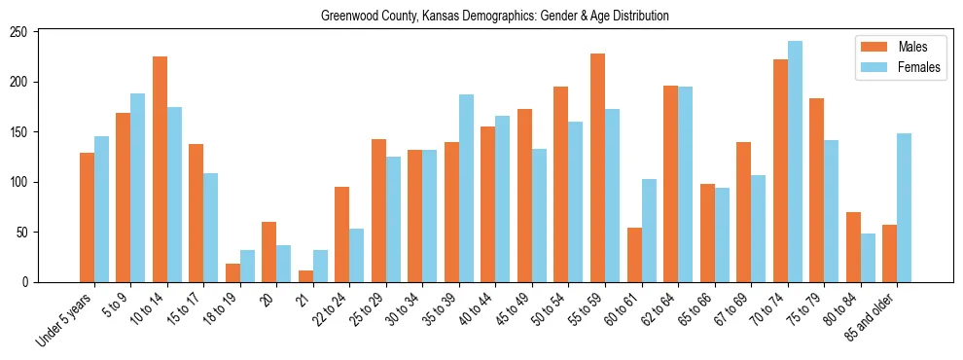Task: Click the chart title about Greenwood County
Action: click(x=495, y=17)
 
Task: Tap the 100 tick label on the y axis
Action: click(x=20, y=182)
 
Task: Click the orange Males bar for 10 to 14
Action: click(x=160, y=169)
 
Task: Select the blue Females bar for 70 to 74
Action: click(x=795, y=162)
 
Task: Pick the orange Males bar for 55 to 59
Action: click(x=597, y=167)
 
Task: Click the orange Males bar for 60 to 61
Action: click(x=634, y=255)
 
